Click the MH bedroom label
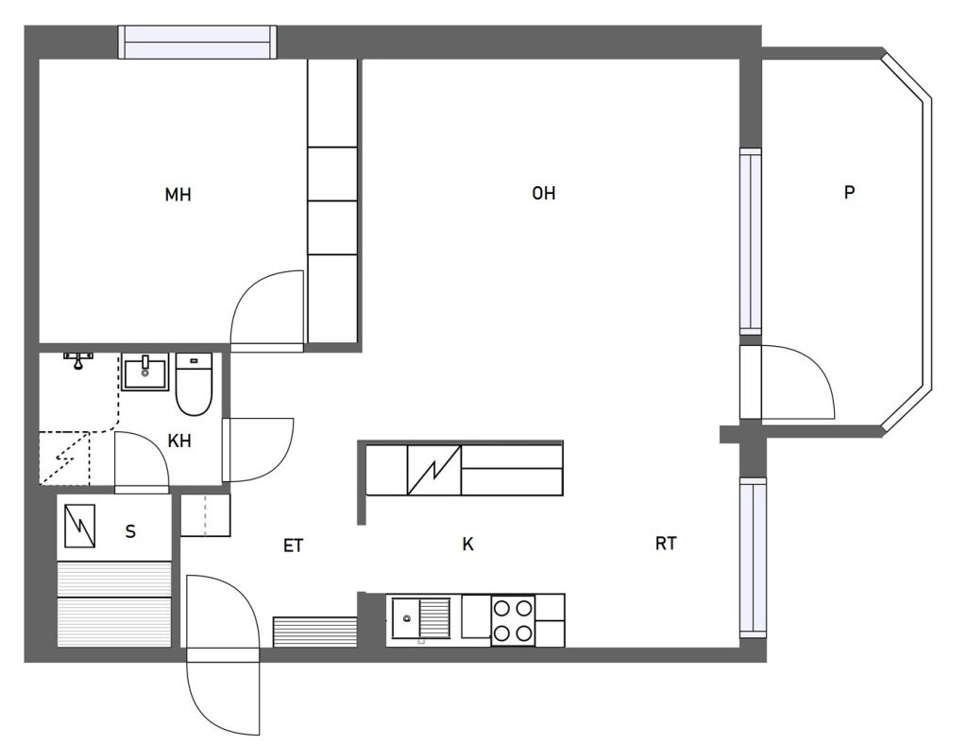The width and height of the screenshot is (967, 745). point(178,195)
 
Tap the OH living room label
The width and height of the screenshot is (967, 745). point(543,194)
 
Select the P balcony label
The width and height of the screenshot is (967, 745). point(849,193)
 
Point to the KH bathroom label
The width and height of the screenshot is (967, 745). point(179,441)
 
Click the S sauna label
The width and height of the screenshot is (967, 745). point(130,531)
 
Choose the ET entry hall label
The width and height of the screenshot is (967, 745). point(294,546)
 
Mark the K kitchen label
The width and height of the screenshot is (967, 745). point(468,544)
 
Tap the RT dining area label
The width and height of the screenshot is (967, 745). point(666,544)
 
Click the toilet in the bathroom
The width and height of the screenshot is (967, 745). point(195,384)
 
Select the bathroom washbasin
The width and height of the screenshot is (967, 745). point(144,372)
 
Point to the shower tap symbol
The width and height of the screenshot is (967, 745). point(78,360)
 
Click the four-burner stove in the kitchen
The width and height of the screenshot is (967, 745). point(513,620)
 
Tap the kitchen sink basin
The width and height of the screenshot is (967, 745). point(406,618)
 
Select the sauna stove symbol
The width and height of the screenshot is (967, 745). point(79,526)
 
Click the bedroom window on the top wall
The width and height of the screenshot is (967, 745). point(197,42)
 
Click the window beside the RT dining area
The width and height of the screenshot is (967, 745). point(753,558)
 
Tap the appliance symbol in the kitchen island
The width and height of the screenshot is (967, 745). point(434,470)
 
